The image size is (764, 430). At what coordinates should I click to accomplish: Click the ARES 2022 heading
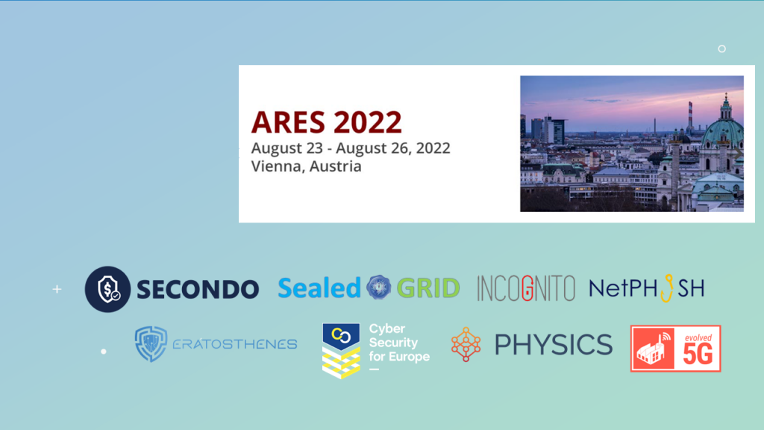tap(326, 122)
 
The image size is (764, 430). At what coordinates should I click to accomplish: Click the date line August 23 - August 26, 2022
tap(351, 148)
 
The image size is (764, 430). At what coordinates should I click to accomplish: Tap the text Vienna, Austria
tap(306, 166)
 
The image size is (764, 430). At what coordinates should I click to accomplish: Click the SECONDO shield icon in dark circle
tap(107, 289)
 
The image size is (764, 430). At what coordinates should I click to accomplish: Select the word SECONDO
tap(197, 289)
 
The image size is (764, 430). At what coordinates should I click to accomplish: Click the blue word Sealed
tap(319, 288)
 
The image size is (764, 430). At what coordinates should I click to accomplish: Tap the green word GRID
tap(428, 288)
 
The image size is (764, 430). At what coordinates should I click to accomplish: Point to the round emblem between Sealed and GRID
tap(379, 287)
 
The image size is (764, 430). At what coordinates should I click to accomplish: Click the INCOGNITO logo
tap(526, 288)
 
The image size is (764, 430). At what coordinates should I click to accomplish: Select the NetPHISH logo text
tap(646, 287)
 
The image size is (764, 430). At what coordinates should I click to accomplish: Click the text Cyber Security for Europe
tap(398, 343)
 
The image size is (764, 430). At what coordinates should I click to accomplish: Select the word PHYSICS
tap(553, 344)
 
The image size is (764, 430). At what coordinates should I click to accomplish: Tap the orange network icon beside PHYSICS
tap(466, 343)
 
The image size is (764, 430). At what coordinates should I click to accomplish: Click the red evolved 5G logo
tap(675, 348)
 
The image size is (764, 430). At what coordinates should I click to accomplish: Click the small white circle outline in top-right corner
tap(721, 49)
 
